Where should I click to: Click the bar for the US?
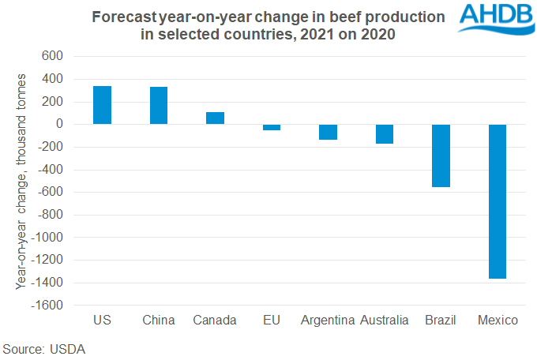(x=102, y=105)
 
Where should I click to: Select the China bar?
(x=159, y=106)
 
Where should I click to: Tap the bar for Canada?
(x=215, y=118)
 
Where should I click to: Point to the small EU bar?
(x=272, y=127)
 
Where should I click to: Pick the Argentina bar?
(x=328, y=132)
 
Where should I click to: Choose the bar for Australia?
(x=385, y=134)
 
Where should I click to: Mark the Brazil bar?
(x=441, y=156)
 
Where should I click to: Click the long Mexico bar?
(x=498, y=201)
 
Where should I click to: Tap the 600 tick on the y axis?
(x=51, y=56)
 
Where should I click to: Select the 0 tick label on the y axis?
(x=58, y=124)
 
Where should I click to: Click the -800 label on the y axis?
(x=49, y=215)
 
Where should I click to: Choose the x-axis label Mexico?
(x=498, y=321)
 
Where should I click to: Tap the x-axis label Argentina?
(x=328, y=321)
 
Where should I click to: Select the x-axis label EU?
(x=272, y=321)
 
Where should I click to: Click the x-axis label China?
(x=159, y=321)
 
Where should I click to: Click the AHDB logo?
(x=493, y=19)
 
